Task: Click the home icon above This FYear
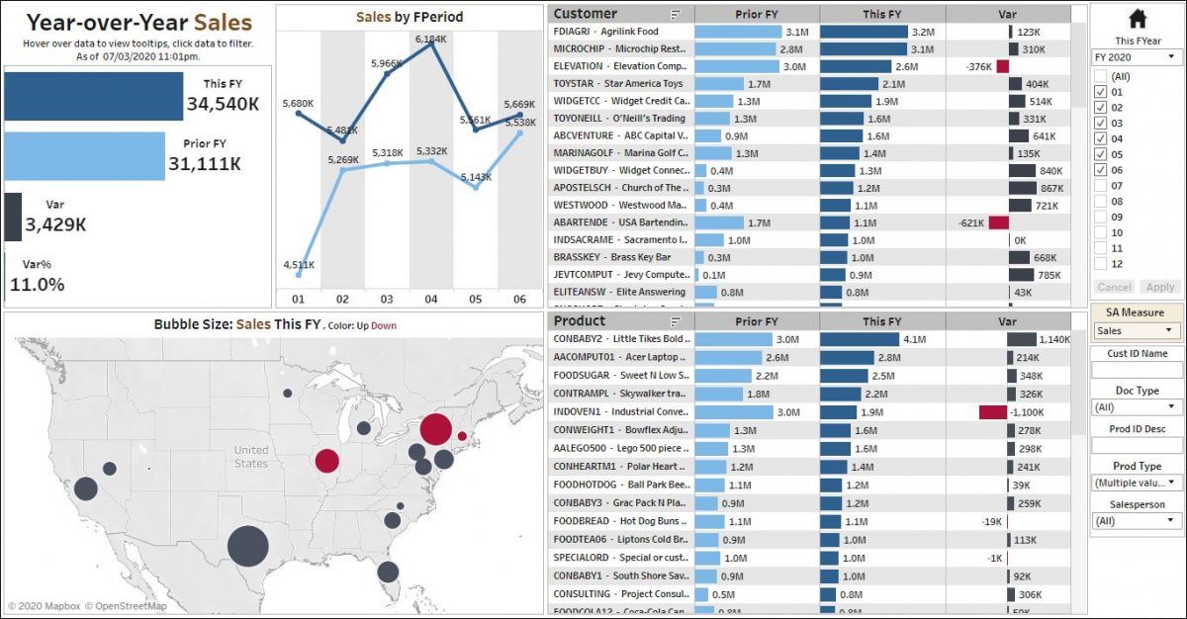point(1137,19)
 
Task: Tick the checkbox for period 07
point(1100,186)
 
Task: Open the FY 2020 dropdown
point(1137,56)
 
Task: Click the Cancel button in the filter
point(1114,287)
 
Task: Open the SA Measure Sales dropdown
point(1138,331)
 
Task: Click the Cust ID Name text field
point(1137,370)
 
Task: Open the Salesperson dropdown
point(1137,520)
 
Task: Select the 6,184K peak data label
point(430,39)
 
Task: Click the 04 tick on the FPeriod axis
point(431,299)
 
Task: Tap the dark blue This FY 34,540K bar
point(93,96)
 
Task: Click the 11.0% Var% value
point(38,285)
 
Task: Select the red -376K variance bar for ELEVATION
point(1002,66)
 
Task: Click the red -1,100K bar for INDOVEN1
point(992,412)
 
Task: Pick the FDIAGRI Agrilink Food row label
point(619,32)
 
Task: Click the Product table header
point(580,321)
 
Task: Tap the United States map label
point(251,457)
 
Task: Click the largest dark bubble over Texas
point(247,546)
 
